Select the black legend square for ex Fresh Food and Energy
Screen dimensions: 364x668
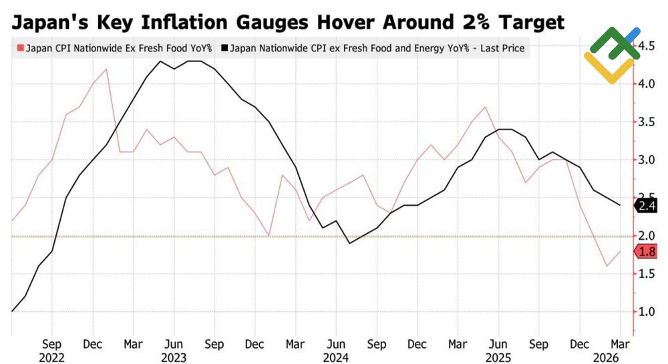[x=225, y=49]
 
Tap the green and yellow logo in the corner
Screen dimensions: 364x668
[x=613, y=55]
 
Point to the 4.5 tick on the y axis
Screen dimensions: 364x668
[x=645, y=46]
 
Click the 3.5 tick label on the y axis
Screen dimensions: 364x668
[x=645, y=122]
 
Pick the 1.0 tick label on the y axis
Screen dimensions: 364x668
[x=645, y=312]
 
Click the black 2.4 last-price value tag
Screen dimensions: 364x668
[x=646, y=206]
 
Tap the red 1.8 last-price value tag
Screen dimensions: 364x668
[x=646, y=252]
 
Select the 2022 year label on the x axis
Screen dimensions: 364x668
[x=52, y=357]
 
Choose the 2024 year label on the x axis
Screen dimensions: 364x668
[x=336, y=357]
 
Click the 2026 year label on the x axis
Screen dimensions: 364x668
[x=619, y=357]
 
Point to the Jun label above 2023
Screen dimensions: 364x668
[x=174, y=345]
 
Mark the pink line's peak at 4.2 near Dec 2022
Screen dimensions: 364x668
[x=106, y=69]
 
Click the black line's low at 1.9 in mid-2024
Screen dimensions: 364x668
[x=349, y=243]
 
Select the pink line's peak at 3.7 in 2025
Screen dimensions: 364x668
[x=484, y=107]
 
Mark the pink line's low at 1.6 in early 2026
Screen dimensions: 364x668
[x=607, y=266]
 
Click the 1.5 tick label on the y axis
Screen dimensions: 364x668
[x=645, y=274]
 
